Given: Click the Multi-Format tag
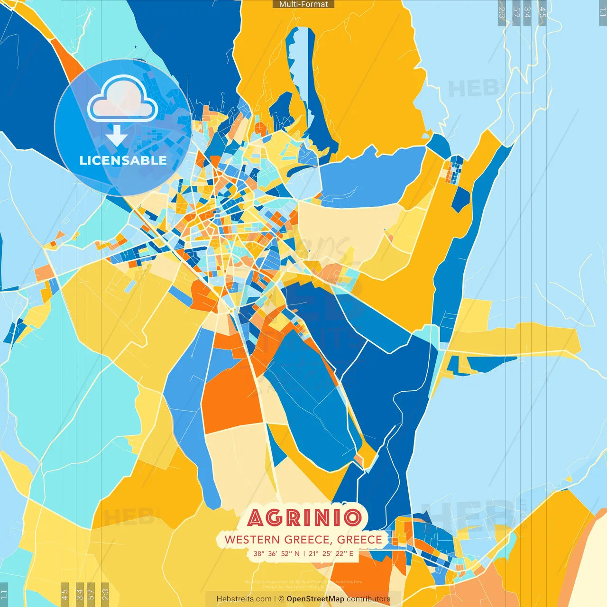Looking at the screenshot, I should pos(303,4).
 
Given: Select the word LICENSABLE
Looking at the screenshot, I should pos(123,160).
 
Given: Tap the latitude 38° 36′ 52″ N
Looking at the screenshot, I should pos(276,553).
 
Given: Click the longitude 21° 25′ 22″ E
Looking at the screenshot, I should pos(331,553).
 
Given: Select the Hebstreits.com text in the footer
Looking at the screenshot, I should pos(244,599).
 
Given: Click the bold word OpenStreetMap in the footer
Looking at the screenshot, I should pos(315,599).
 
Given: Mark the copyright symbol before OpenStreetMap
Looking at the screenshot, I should pos(281,599).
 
